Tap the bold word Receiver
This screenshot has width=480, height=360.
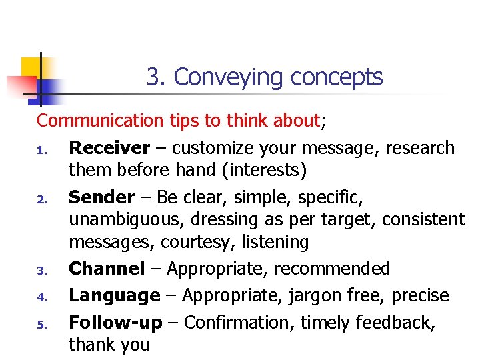click(110, 147)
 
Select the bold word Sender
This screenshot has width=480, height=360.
click(101, 197)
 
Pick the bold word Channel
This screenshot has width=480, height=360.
click(107, 269)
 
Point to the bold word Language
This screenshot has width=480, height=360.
click(115, 295)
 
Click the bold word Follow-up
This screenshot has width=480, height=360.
click(115, 323)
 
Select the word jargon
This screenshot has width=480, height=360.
click(313, 296)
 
